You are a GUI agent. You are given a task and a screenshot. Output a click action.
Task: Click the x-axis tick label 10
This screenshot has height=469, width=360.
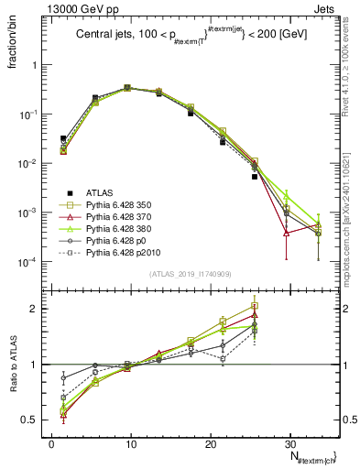click(x=131, y=443)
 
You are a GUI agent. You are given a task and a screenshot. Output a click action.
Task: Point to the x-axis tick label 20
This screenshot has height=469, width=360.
click(x=211, y=443)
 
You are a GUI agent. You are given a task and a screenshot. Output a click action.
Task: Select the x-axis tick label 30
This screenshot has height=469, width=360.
click(x=290, y=443)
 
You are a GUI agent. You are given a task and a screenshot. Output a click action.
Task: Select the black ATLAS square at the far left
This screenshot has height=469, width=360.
click(x=63, y=138)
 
